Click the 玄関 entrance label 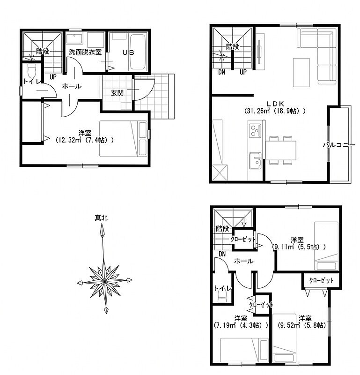[117, 93]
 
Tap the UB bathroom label [129, 52]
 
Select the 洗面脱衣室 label [85, 52]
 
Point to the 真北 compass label [101, 218]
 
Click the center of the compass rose [104, 281]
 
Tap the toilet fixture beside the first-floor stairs [31, 69]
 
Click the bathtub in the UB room [138, 52]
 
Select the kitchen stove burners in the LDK [255, 131]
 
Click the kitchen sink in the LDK [255, 161]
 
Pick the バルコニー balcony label [339, 145]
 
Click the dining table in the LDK [281, 150]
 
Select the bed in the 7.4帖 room [123, 139]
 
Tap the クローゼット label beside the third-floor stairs [242, 239]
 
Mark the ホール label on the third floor [243, 261]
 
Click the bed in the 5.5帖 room [326, 246]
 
